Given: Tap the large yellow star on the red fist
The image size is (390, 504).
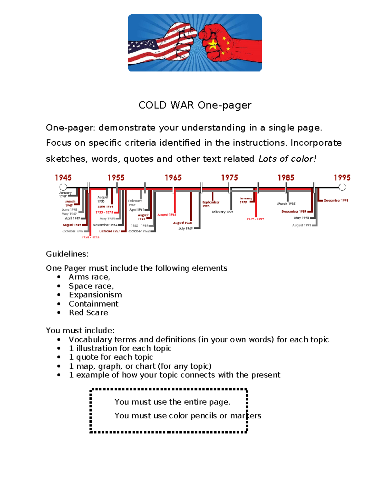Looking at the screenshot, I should tap(213, 45).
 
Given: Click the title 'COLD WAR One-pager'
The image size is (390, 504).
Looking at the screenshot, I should tap(195, 105).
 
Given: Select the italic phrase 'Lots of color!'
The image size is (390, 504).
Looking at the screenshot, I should tap(287, 159).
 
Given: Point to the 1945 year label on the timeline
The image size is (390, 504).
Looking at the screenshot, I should tap(63, 178).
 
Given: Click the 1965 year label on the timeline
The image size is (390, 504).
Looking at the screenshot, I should tap(173, 178).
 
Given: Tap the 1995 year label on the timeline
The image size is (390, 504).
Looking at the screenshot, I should tap(342, 178).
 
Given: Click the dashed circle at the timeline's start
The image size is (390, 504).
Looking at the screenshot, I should tap(63, 187).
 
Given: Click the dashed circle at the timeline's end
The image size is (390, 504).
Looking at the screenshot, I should tap(342, 187).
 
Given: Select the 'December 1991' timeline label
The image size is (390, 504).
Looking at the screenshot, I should tap(336, 201).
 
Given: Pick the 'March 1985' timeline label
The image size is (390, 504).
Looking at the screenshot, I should tap(286, 203).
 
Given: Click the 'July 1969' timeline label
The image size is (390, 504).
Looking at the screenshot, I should tap(186, 228).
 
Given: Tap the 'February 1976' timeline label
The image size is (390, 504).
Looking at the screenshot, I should tap(222, 212).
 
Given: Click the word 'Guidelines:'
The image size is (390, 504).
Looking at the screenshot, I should tap(67, 254).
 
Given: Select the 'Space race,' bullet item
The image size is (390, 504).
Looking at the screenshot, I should tap(91, 286).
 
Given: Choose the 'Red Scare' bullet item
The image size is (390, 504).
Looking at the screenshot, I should tap(88, 313).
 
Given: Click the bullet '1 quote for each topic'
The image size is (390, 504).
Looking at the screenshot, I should tap(111, 357).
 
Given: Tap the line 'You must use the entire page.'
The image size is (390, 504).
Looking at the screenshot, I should tap(172, 402).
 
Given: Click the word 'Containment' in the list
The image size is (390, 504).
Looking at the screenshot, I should tap(94, 304).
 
